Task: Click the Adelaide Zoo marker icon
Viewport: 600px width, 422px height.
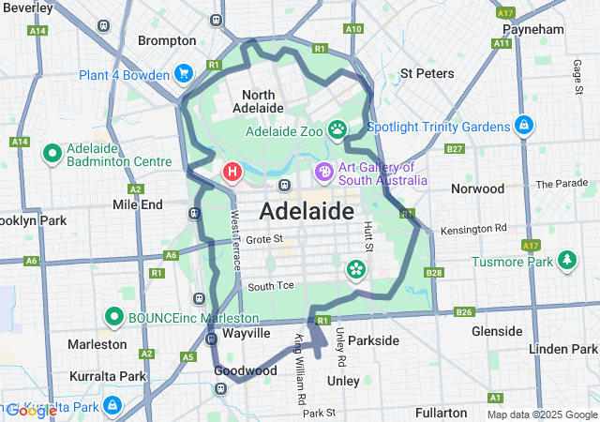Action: [x=337, y=128]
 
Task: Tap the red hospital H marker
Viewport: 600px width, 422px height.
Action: [x=232, y=172]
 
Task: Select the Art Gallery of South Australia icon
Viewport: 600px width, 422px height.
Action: [x=323, y=173]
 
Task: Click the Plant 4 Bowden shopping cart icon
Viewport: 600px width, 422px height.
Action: [x=184, y=73]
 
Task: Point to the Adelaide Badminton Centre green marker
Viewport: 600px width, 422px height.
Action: [x=52, y=152]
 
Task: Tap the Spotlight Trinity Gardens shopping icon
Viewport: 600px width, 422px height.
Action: [x=523, y=126]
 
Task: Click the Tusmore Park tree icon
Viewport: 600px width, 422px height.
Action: [x=566, y=261]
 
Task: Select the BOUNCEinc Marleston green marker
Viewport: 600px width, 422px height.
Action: [x=114, y=317]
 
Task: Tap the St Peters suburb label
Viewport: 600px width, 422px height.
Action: [x=427, y=72]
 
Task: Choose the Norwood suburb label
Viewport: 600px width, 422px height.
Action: [x=478, y=188]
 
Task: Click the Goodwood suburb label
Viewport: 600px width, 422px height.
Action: [x=246, y=370]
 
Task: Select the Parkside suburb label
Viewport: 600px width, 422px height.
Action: [x=373, y=340]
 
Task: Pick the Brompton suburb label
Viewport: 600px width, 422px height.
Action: [x=167, y=40]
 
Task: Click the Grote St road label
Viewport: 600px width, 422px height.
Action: [x=264, y=240]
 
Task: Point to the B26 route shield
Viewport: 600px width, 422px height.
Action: [x=464, y=311]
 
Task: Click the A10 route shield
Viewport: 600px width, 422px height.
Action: [x=352, y=29]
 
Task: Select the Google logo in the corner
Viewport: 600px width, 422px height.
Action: [x=31, y=410]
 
